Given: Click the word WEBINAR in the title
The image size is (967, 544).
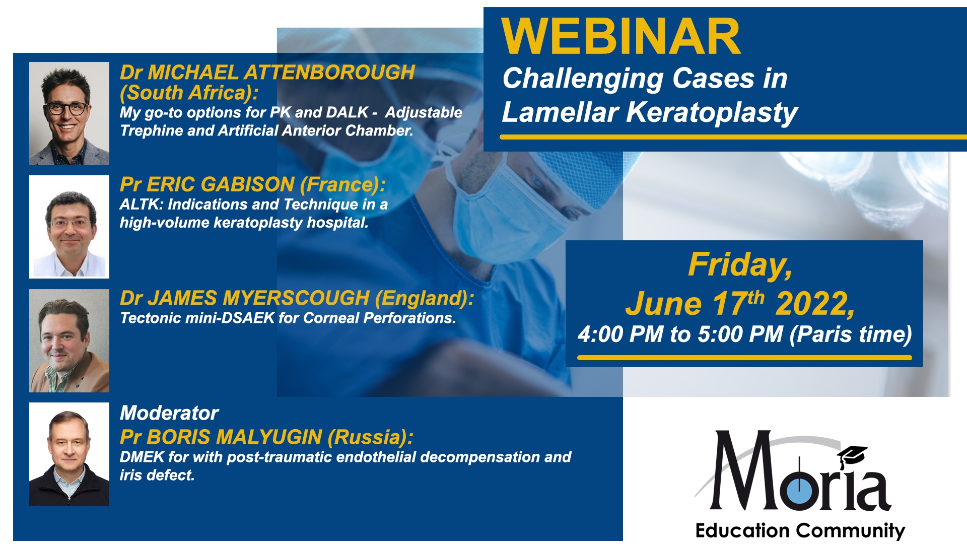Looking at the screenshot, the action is tap(621, 37).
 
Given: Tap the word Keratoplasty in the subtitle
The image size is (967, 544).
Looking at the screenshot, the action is tap(712, 112).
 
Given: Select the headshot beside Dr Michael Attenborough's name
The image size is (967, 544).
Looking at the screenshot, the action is tap(69, 113).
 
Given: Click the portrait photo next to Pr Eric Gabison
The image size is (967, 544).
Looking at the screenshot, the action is tap(69, 227).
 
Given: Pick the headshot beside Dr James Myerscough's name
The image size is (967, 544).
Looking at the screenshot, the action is tap(69, 341).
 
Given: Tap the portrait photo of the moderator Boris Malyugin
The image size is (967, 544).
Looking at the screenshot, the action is tap(69, 454).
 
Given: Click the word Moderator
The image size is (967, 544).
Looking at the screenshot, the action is tap(169, 413).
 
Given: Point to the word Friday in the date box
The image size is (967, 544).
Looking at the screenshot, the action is tap(740, 265).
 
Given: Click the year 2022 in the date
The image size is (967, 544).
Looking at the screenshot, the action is tap(815, 304).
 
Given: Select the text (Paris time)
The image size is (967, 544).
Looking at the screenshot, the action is tap(851, 334).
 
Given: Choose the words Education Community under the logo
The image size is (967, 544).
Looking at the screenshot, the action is tap(800, 531).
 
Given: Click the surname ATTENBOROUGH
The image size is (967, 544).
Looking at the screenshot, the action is tap(329, 73).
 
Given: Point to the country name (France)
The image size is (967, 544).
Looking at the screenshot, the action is tap(342, 185).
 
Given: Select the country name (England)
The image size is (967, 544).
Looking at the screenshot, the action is tap(425, 299).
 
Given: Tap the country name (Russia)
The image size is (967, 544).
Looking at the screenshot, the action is tap(370, 437).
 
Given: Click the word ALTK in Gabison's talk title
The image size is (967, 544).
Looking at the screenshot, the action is tap(142, 205).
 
